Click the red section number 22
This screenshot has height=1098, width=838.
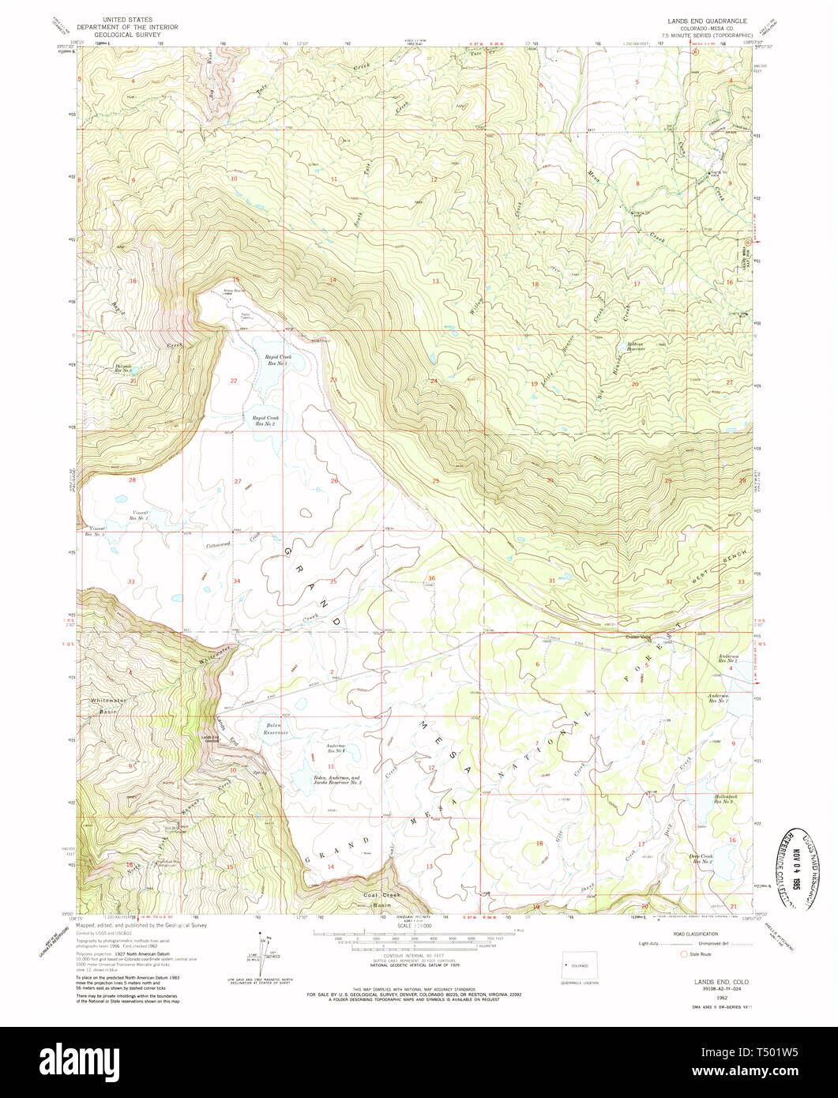233,381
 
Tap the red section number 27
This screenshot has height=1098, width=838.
237,481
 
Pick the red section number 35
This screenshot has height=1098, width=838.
333,581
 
